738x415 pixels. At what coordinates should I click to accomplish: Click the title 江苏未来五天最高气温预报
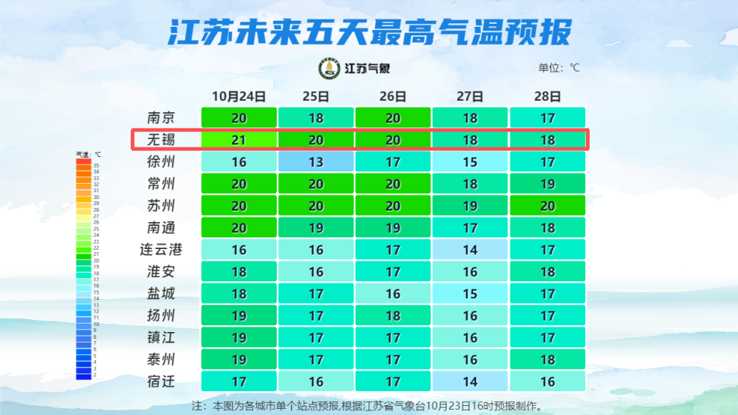click(x=369, y=32)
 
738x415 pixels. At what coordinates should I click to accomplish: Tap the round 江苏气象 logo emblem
click(x=330, y=68)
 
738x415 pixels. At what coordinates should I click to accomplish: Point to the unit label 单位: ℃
click(x=559, y=68)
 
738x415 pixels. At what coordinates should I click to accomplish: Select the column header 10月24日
click(x=239, y=97)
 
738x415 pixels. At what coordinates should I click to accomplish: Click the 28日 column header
click(x=547, y=97)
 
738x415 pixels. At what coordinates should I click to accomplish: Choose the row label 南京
click(x=161, y=118)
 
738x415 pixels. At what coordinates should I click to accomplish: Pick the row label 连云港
click(x=161, y=250)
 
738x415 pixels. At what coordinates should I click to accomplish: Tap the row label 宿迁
click(x=161, y=381)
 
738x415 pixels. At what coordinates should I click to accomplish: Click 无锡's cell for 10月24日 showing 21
click(x=239, y=140)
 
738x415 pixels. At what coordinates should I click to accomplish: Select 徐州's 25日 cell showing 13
click(x=316, y=162)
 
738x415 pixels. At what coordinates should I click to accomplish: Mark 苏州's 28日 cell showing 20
click(x=547, y=206)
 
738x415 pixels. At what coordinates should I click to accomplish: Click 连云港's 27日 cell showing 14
click(x=470, y=250)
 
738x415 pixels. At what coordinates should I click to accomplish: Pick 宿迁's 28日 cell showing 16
click(x=547, y=381)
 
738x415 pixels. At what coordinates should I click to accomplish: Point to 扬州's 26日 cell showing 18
click(x=393, y=316)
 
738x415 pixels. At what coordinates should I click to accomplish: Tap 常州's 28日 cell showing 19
click(x=547, y=184)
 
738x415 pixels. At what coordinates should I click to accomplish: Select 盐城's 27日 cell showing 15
click(x=470, y=294)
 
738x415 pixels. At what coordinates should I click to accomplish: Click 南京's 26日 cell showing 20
click(x=393, y=118)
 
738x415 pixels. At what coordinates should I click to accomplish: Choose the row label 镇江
click(x=161, y=337)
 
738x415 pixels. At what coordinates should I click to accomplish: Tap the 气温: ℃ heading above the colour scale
click(x=88, y=154)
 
